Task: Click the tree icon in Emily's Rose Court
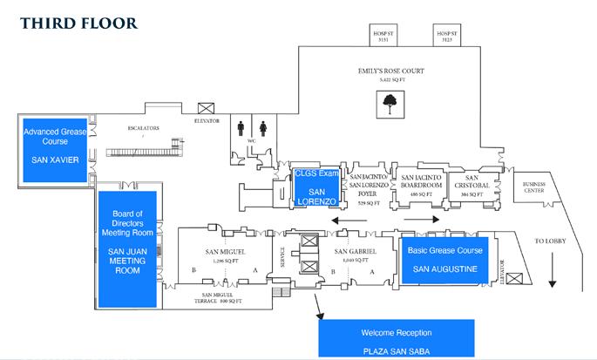pyautogui.click(x=389, y=105)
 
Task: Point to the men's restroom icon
pyautogui.click(x=241, y=127)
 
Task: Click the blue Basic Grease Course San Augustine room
pyautogui.click(x=444, y=259)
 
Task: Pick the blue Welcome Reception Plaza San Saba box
pyautogui.click(x=397, y=338)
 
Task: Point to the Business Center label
pyautogui.click(x=533, y=188)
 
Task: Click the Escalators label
pyautogui.click(x=143, y=128)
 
